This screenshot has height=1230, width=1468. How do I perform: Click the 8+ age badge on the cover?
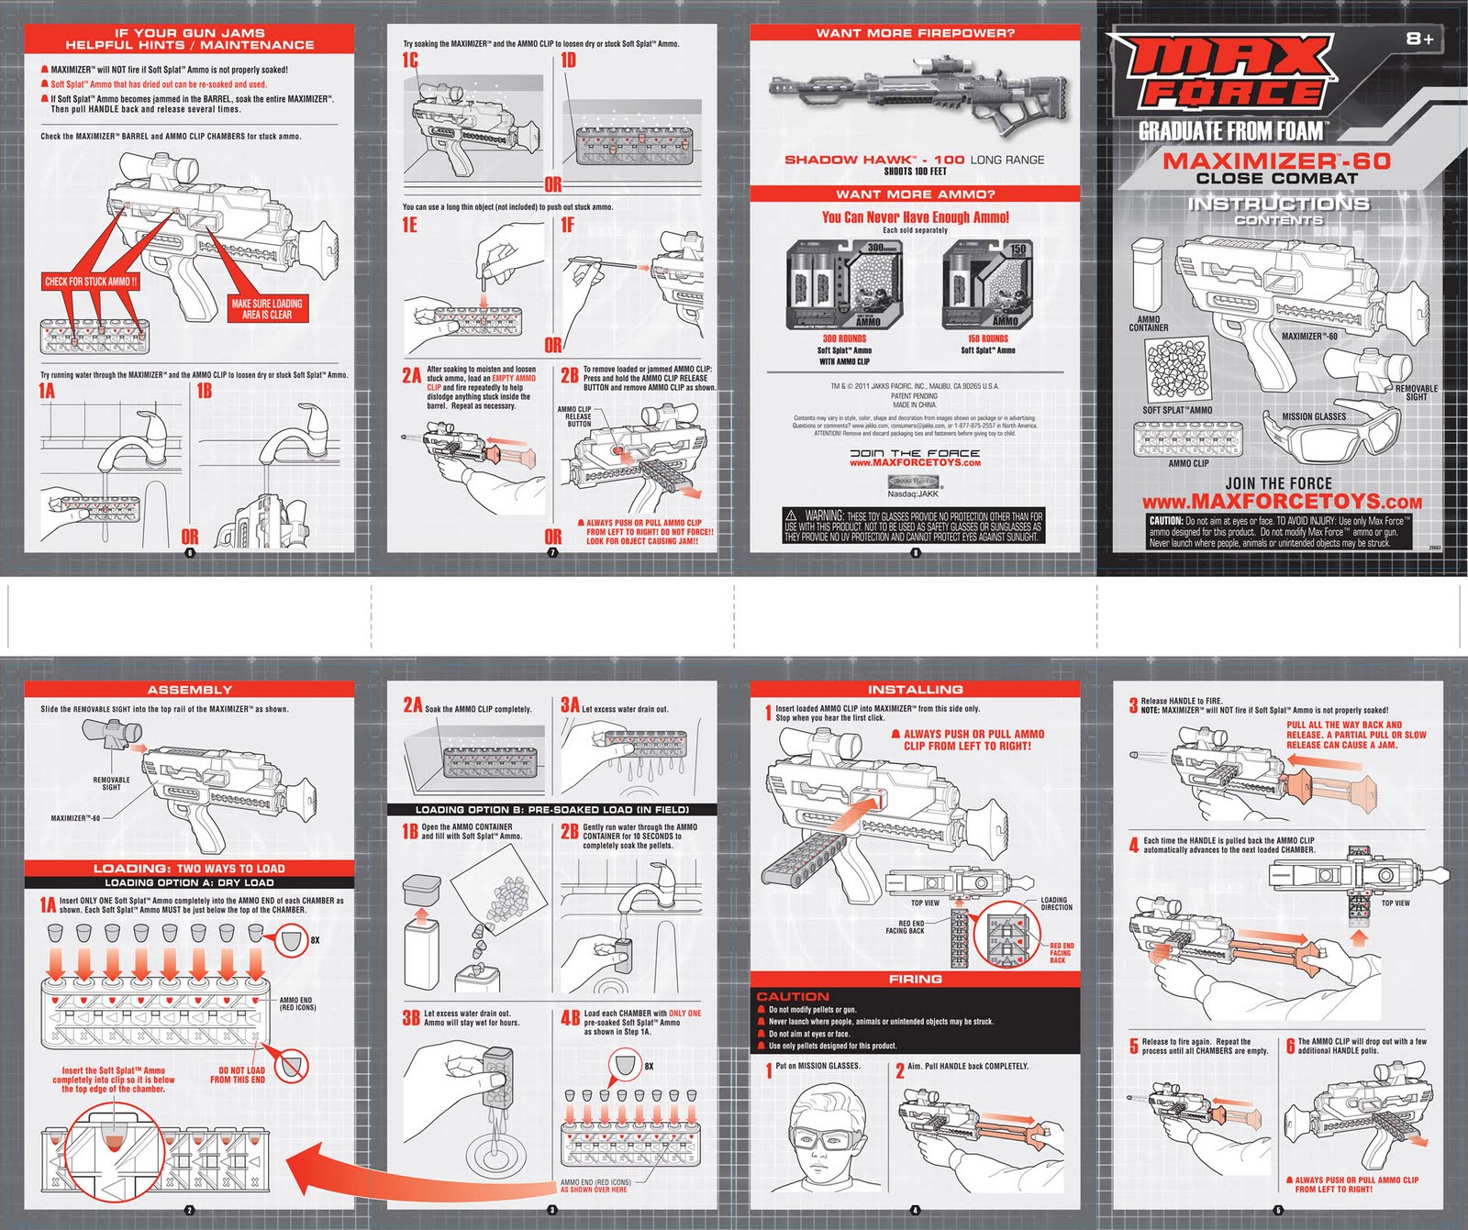click(1419, 39)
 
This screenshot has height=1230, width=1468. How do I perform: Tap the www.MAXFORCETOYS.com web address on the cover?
click(1282, 502)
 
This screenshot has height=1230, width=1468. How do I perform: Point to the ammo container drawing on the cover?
click(1146, 275)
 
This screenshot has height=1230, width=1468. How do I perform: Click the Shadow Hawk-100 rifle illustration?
click(917, 92)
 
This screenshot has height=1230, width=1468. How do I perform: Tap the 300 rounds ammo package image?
click(843, 285)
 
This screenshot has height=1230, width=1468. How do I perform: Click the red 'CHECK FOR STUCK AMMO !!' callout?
click(91, 282)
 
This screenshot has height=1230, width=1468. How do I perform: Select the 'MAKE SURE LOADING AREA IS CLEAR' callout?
click(267, 308)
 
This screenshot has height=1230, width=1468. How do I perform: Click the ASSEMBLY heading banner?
click(189, 690)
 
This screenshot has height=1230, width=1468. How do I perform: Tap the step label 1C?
click(410, 61)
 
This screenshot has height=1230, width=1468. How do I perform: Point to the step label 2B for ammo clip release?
click(570, 374)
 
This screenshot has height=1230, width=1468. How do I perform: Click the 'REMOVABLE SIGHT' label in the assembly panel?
click(111, 783)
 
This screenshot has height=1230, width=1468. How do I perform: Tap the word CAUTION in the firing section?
click(793, 996)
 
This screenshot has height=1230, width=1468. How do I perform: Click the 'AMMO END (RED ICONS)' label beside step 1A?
click(295, 1003)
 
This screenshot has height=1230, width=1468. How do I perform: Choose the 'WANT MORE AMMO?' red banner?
click(915, 194)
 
